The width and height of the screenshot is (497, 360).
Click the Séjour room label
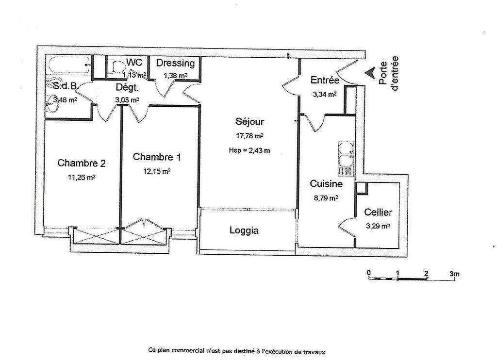pyautogui.click(x=249, y=121)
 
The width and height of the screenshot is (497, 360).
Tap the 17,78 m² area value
pyautogui.click(x=249, y=136)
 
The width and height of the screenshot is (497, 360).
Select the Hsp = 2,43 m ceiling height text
pyautogui.click(x=249, y=150)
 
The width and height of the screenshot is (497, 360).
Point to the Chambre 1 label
pyautogui.click(x=157, y=157)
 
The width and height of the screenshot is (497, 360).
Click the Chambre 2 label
pyautogui.click(x=82, y=163)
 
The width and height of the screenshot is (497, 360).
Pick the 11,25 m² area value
pyautogui.click(x=82, y=177)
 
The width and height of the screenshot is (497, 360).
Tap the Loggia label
pyautogui.click(x=244, y=230)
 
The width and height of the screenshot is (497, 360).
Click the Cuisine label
pyautogui.click(x=326, y=183)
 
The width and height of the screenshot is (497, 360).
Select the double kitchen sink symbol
pyautogui.click(x=346, y=159)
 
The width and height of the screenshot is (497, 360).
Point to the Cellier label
pyautogui.click(x=378, y=212)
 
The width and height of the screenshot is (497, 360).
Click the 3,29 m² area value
pyautogui.click(x=378, y=226)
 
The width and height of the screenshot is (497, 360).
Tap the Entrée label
pyautogui.click(x=325, y=80)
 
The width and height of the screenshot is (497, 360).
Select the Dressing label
pyautogui.click(x=175, y=63)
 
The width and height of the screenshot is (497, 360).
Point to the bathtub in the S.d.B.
pyautogui.click(x=69, y=65)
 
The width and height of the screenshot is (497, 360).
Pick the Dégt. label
pyautogui.click(x=127, y=87)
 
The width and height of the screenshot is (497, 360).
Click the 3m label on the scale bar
pyautogui.click(x=454, y=274)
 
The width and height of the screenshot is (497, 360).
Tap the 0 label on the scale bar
pyautogui.click(x=369, y=273)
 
